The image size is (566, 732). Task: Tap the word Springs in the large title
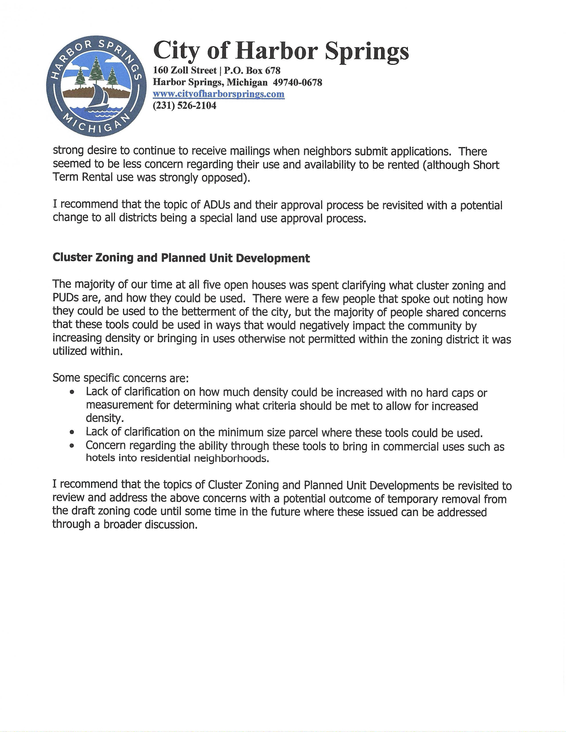click(367, 51)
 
